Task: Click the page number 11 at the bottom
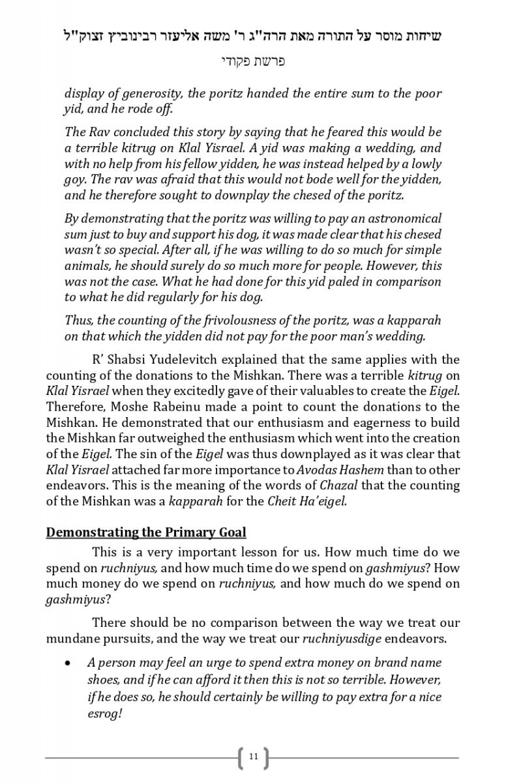click(x=253, y=757)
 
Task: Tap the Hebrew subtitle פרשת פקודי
click(x=252, y=62)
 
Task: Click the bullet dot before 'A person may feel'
click(x=68, y=663)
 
